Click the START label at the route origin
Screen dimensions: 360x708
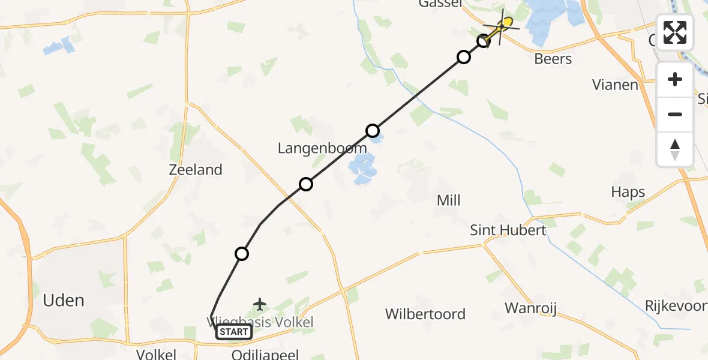(234, 332)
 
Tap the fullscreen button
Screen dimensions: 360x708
(675, 32)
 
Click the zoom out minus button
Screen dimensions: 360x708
(675, 114)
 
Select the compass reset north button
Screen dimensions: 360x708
(675, 149)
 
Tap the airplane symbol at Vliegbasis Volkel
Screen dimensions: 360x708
(260, 304)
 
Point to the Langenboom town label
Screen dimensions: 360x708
(322, 148)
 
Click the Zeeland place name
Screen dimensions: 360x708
(196, 170)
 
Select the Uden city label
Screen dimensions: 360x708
(64, 301)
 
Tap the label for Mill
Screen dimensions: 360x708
(449, 200)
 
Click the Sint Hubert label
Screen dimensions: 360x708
(508, 230)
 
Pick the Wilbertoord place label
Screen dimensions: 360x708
(425, 314)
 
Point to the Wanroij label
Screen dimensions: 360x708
(531, 308)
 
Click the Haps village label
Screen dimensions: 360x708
(628, 192)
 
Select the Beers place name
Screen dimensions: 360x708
(553, 59)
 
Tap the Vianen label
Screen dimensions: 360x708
(615, 85)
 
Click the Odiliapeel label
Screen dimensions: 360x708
(265, 355)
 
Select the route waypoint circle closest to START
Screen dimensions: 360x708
(242, 254)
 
